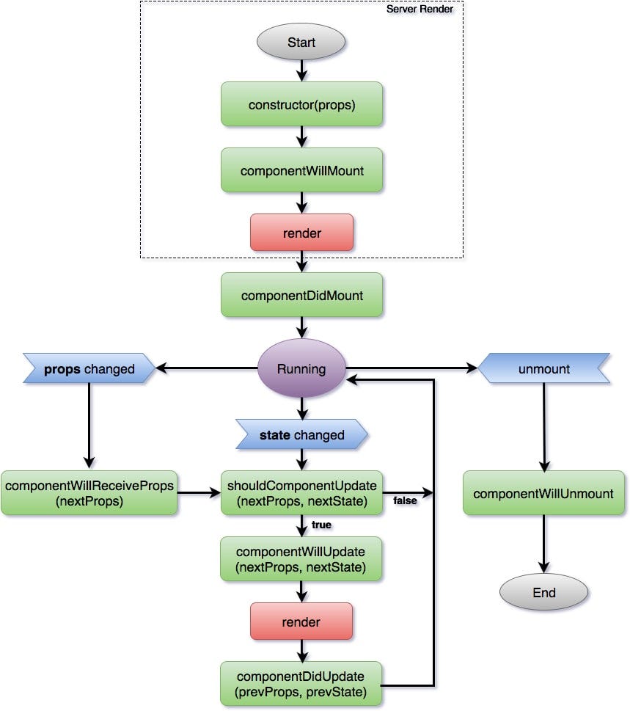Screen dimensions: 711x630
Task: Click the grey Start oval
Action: [301, 42]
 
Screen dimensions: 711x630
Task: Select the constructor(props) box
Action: [301, 104]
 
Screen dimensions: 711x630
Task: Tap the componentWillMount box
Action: [301, 170]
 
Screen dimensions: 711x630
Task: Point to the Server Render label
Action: [420, 9]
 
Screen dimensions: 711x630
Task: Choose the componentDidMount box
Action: [301, 295]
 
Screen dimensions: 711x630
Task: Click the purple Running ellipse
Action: [301, 369]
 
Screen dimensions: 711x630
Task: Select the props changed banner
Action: [89, 369]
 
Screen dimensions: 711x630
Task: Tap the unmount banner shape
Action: [543, 369]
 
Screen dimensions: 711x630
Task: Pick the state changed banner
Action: [301, 434]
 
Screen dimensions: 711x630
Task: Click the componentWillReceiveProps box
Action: [89, 493]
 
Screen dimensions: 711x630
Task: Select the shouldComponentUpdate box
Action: [301, 493]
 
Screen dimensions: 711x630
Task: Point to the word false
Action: [406, 500]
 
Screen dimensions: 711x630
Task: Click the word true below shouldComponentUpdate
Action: [321, 525]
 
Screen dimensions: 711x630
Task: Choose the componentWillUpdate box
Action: [301, 559]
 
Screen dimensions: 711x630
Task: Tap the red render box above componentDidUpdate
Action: [301, 621]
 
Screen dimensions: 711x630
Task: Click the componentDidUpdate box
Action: [301, 683]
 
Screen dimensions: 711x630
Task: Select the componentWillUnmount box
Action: [543, 493]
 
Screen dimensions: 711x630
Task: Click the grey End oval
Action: [543, 592]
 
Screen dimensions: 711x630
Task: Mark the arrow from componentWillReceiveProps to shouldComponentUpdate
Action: [199, 493]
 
